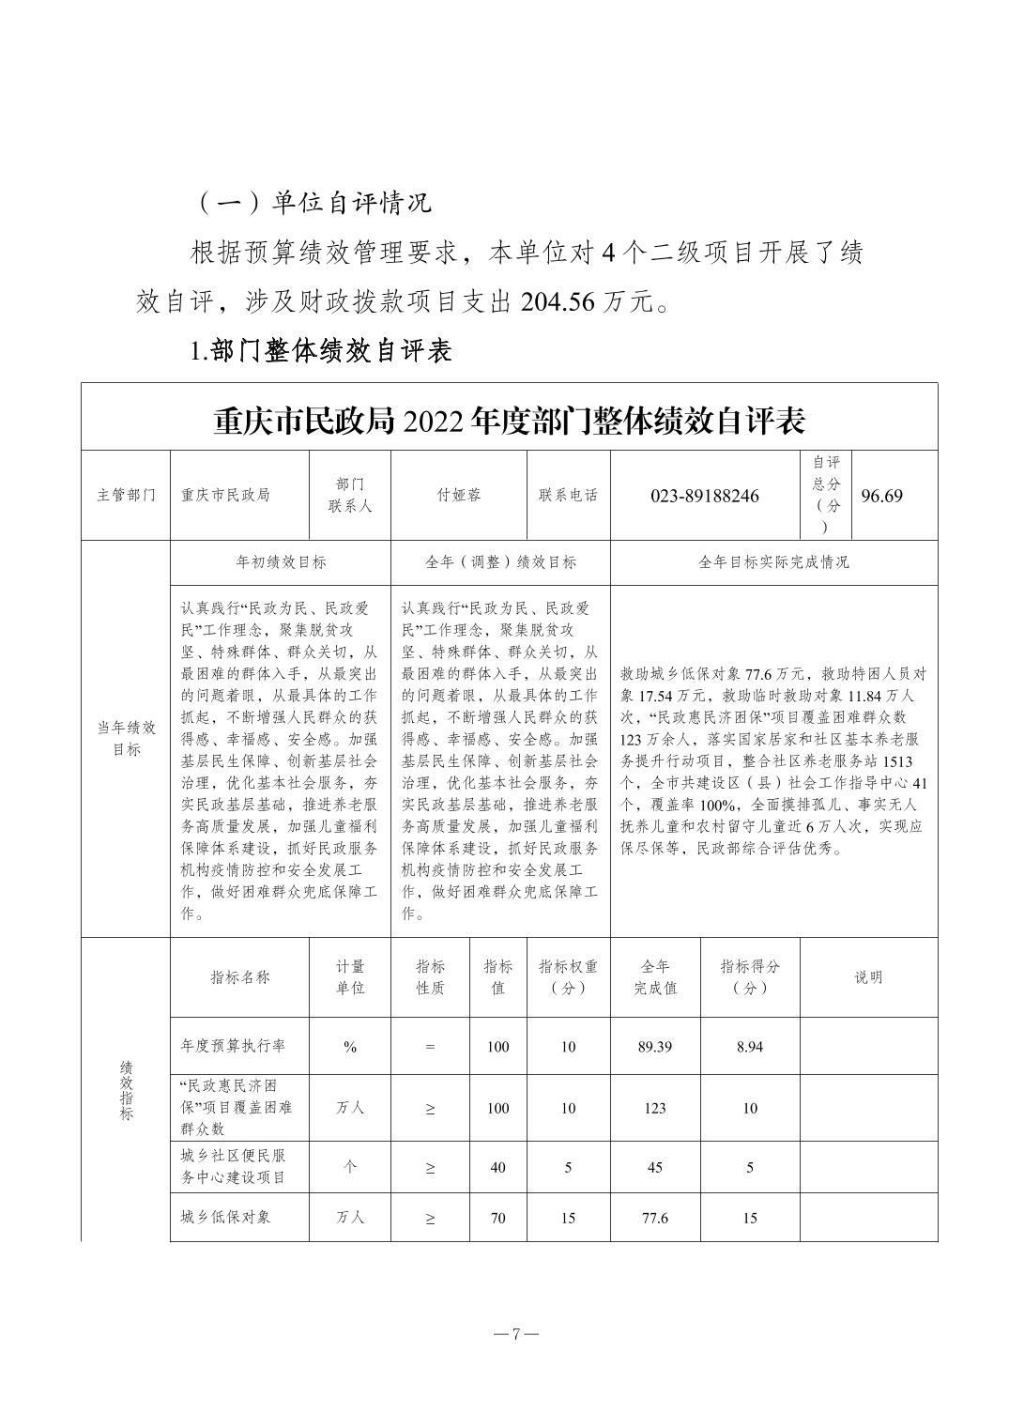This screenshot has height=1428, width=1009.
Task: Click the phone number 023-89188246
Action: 704,496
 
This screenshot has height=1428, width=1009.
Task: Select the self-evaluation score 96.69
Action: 881,496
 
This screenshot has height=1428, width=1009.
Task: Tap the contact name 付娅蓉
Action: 459,495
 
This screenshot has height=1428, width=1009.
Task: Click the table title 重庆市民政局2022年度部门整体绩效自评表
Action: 510,421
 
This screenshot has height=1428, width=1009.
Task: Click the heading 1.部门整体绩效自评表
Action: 321,350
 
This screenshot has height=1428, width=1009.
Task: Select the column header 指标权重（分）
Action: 568,976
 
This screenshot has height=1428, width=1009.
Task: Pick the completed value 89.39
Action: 654,1047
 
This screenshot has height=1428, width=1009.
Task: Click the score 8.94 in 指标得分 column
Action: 749,1047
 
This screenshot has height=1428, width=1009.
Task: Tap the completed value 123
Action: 654,1108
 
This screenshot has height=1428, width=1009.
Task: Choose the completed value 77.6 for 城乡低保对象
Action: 654,1218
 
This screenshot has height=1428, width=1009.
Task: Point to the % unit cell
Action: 350,1047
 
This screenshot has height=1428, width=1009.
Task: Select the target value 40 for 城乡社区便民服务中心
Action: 497,1167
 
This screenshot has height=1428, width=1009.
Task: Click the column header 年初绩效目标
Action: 281,562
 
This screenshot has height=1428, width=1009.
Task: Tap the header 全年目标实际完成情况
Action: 773,562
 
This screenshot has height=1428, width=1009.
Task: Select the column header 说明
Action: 868,976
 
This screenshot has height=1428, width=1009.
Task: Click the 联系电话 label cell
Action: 568,495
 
